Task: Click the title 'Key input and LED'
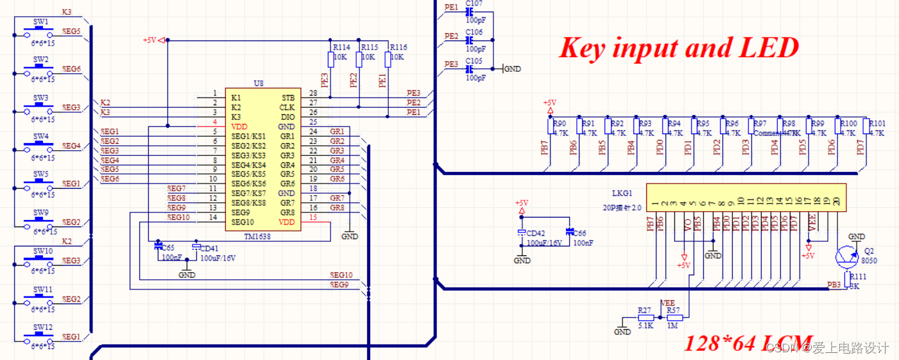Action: point(679,48)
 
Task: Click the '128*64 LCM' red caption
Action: point(748,343)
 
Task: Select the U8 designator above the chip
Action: point(259,83)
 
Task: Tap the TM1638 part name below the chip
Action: point(258,236)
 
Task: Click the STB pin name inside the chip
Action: point(287,98)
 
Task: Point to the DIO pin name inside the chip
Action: point(287,117)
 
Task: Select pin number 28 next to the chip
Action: point(313,94)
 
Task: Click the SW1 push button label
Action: point(41,21)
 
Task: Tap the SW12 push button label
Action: point(43,326)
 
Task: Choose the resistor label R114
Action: point(341,47)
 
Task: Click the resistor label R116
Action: point(398,47)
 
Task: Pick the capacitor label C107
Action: point(474,3)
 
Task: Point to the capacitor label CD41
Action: point(209,248)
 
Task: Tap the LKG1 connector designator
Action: point(622,193)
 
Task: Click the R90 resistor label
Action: point(560,123)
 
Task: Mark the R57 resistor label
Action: point(673,310)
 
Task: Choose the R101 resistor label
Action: point(877,123)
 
